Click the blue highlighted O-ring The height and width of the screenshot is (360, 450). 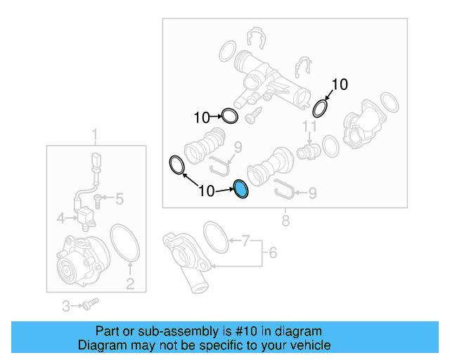[x=240, y=189]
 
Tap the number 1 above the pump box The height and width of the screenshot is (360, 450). [x=96, y=134]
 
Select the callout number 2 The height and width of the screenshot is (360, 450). [x=130, y=284]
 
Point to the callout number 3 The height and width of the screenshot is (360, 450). [x=62, y=218]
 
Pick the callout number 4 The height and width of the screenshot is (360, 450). [x=274, y=252]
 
